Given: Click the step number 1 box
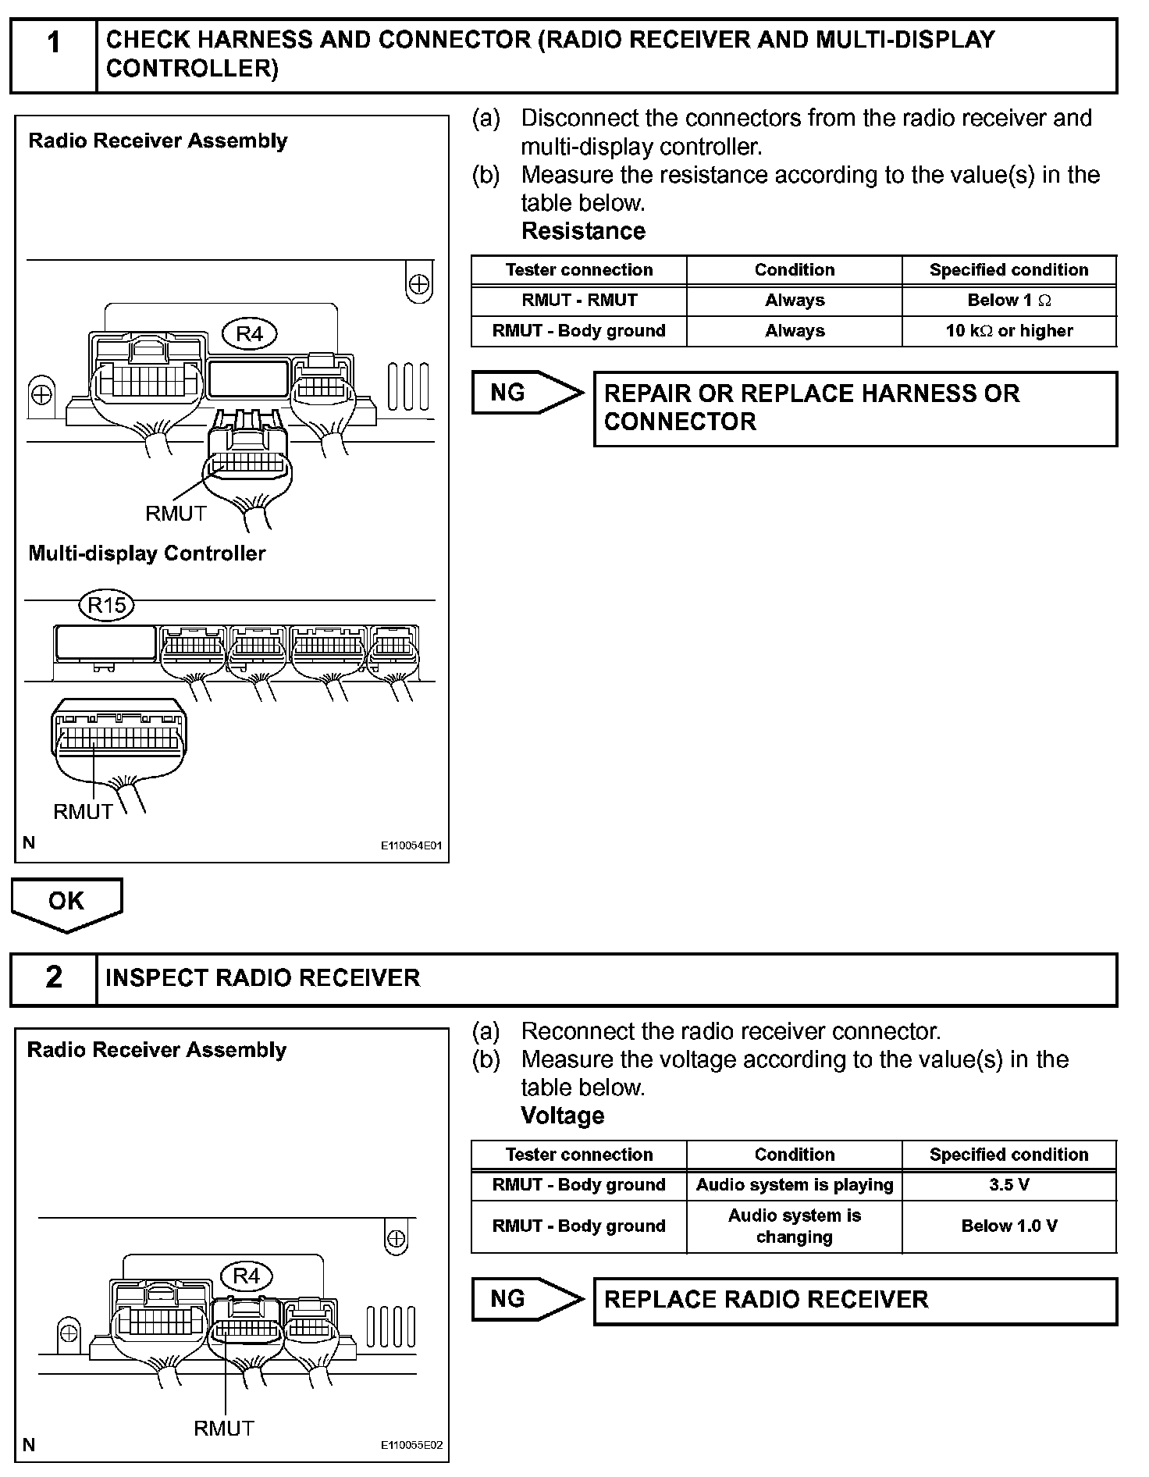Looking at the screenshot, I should [53, 55].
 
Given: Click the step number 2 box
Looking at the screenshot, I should [53, 978].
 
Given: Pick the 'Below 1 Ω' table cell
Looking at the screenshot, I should [1008, 301].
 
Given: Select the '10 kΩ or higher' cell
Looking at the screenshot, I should [1008, 331].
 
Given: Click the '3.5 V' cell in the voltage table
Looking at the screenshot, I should [1008, 1185].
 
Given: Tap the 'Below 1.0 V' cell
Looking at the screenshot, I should [1008, 1226].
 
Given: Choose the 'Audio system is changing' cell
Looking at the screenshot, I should [794, 1226].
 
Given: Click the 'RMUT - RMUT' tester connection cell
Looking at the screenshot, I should [578, 301].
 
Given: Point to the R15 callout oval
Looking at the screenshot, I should [107, 605].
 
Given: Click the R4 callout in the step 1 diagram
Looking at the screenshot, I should [250, 334].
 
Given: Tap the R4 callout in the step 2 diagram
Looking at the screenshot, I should [247, 1276].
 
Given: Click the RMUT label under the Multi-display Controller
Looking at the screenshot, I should [83, 812].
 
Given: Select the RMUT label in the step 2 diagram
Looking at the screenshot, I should [224, 1429].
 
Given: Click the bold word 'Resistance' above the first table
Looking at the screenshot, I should [583, 231].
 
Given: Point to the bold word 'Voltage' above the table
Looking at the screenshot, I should [562, 1116].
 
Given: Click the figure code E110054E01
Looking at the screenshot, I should [411, 845].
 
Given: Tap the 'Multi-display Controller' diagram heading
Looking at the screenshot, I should [147, 553].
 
